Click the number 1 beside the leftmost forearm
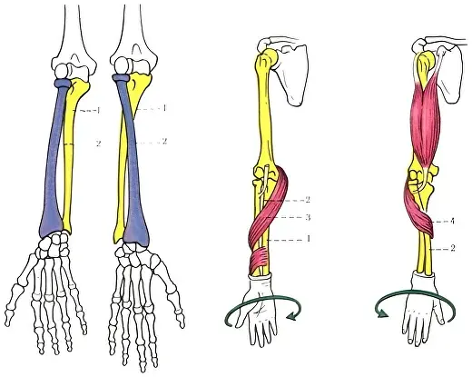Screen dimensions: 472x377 point(98,111)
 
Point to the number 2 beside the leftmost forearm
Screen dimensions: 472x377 point(98,144)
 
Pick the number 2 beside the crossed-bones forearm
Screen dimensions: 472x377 point(164,141)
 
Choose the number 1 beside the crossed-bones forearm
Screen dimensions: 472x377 point(164,108)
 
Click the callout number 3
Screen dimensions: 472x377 point(308,217)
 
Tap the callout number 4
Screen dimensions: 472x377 point(452,222)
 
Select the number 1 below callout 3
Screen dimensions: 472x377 point(308,239)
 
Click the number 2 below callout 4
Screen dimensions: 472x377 point(453,248)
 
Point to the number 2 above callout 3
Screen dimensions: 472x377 point(308,200)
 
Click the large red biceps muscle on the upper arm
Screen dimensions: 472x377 point(425,121)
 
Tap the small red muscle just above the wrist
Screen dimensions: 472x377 point(258,260)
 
